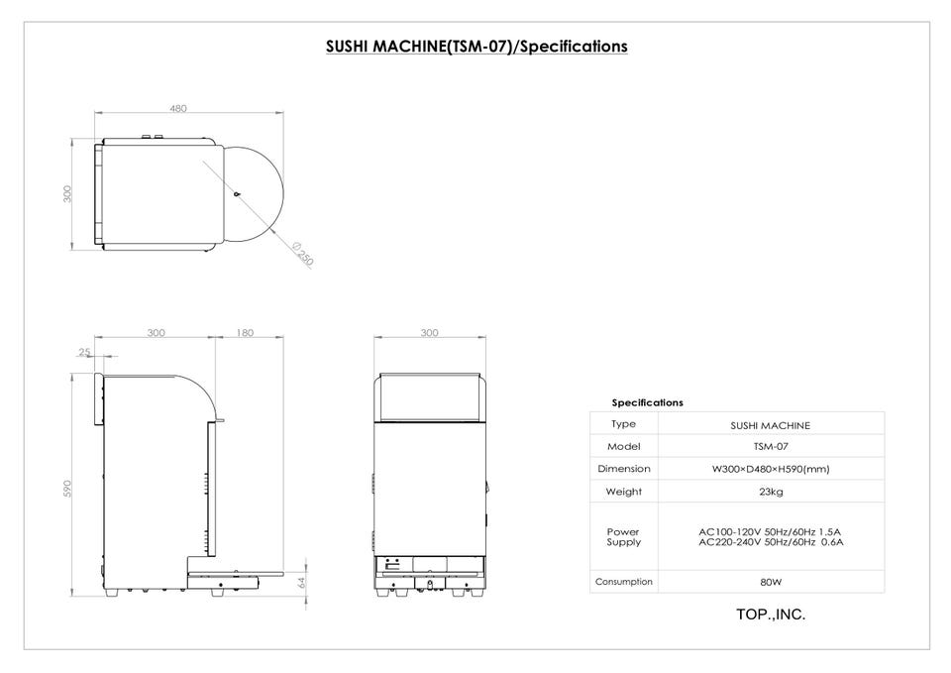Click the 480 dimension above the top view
coord(178,109)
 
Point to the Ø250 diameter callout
coord(303,255)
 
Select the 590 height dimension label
coord(67,489)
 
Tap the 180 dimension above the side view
coord(245,333)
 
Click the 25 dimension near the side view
coord(84,352)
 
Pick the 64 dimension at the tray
coord(302,583)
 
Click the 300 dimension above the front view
coord(429,333)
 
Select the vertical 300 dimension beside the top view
coord(67,194)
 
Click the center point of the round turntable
coord(237,194)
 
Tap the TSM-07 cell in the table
coord(771,447)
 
